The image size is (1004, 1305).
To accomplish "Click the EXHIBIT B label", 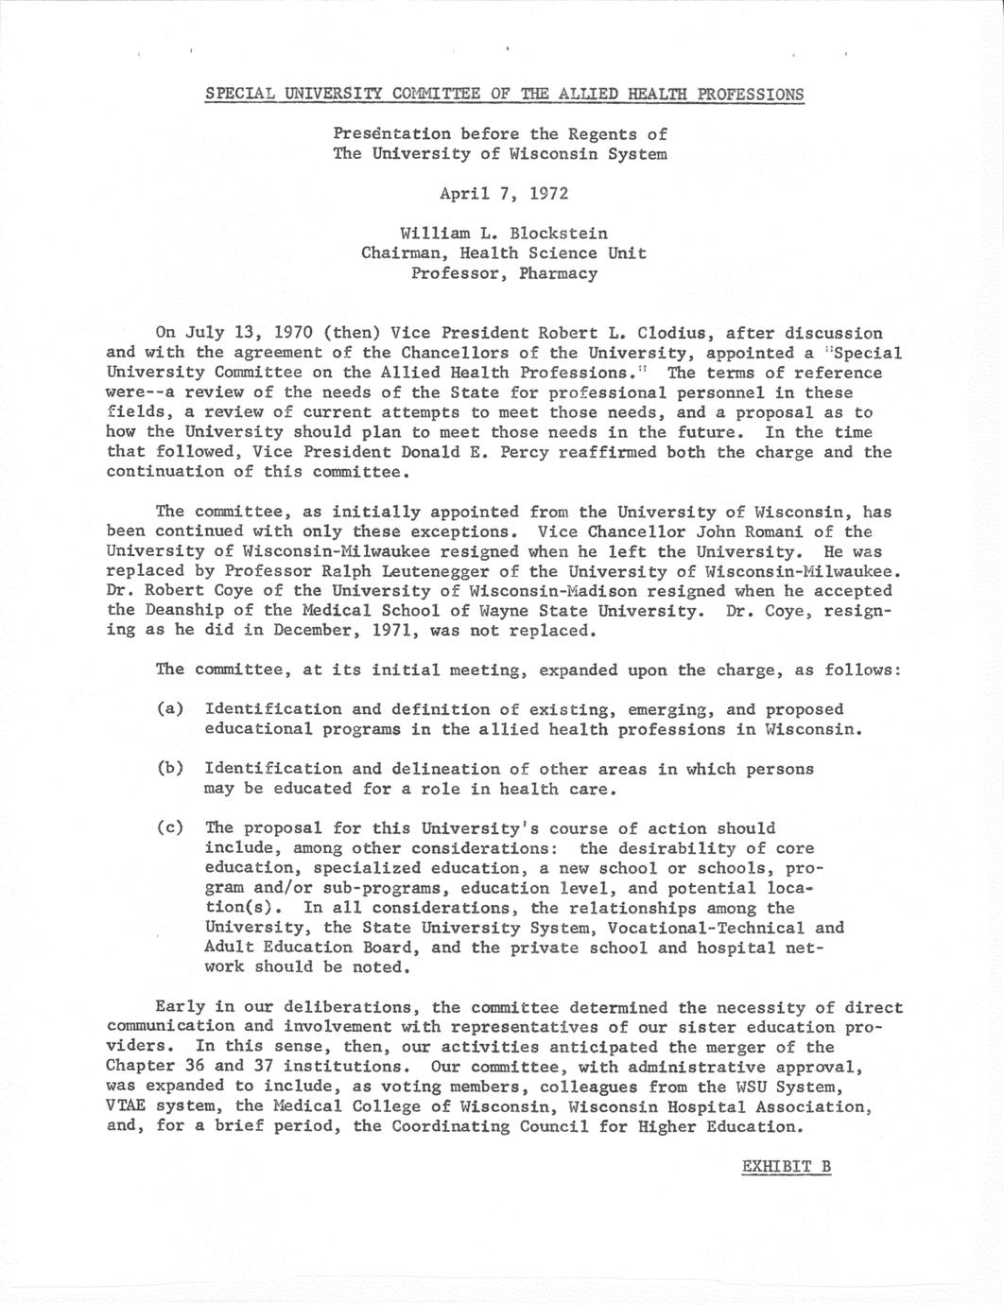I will pyautogui.click(x=786, y=1166).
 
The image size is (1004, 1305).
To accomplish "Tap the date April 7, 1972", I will pyautogui.click(x=504, y=193).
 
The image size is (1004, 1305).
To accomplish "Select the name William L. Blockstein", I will pyautogui.click(x=504, y=233).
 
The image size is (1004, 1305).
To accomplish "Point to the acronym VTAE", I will pyautogui.click(x=127, y=1106).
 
